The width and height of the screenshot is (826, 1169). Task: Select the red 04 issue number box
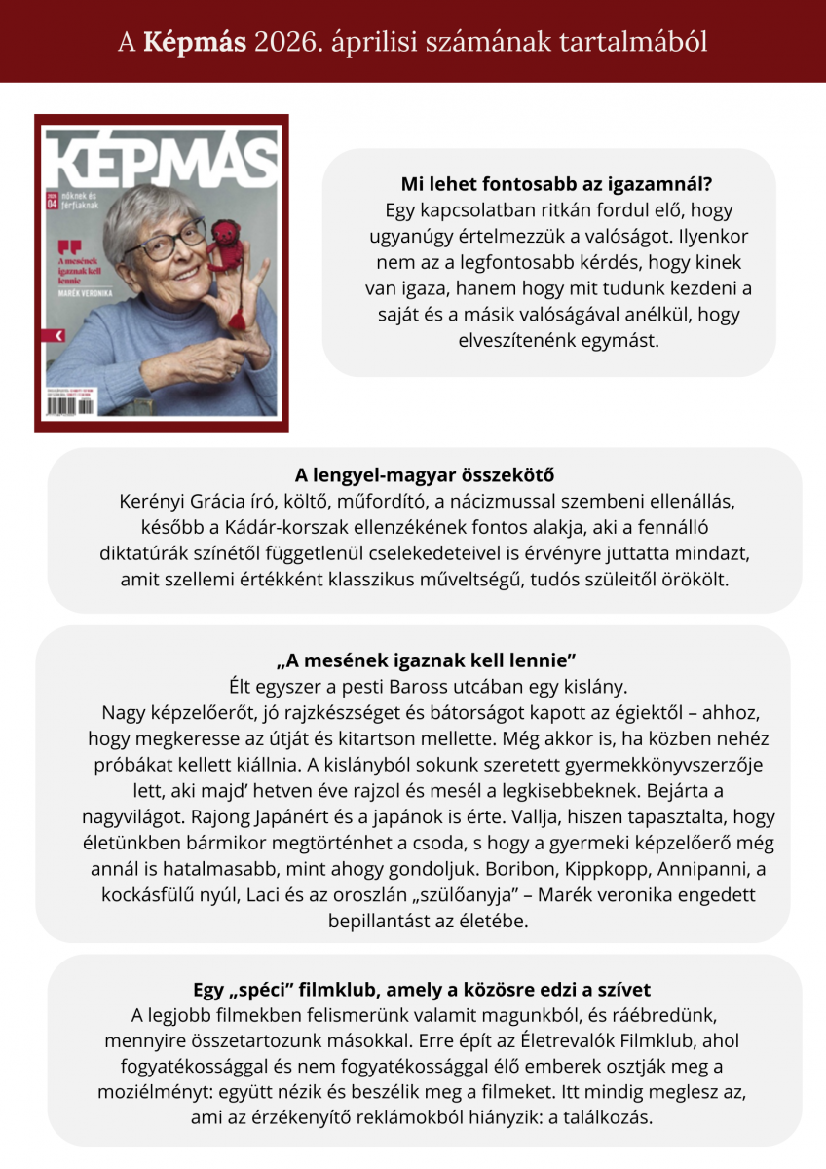coord(53,205)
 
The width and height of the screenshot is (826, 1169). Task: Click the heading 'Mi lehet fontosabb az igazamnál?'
coord(548,184)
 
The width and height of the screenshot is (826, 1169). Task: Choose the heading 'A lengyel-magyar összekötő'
coord(425,475)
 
